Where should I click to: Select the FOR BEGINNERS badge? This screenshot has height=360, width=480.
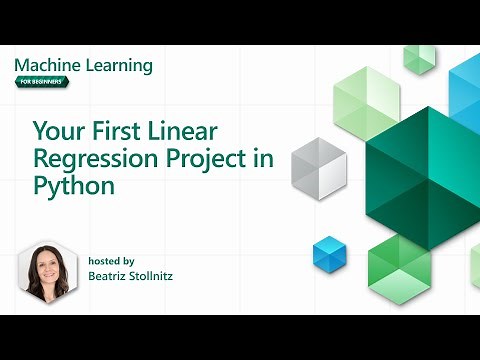click(x=42, y=82)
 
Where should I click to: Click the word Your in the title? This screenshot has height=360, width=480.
click(x=56, y=131)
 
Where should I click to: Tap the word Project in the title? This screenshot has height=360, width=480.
click(x=206, y=158)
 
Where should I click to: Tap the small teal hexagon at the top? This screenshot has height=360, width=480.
click(x=419, y=58)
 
